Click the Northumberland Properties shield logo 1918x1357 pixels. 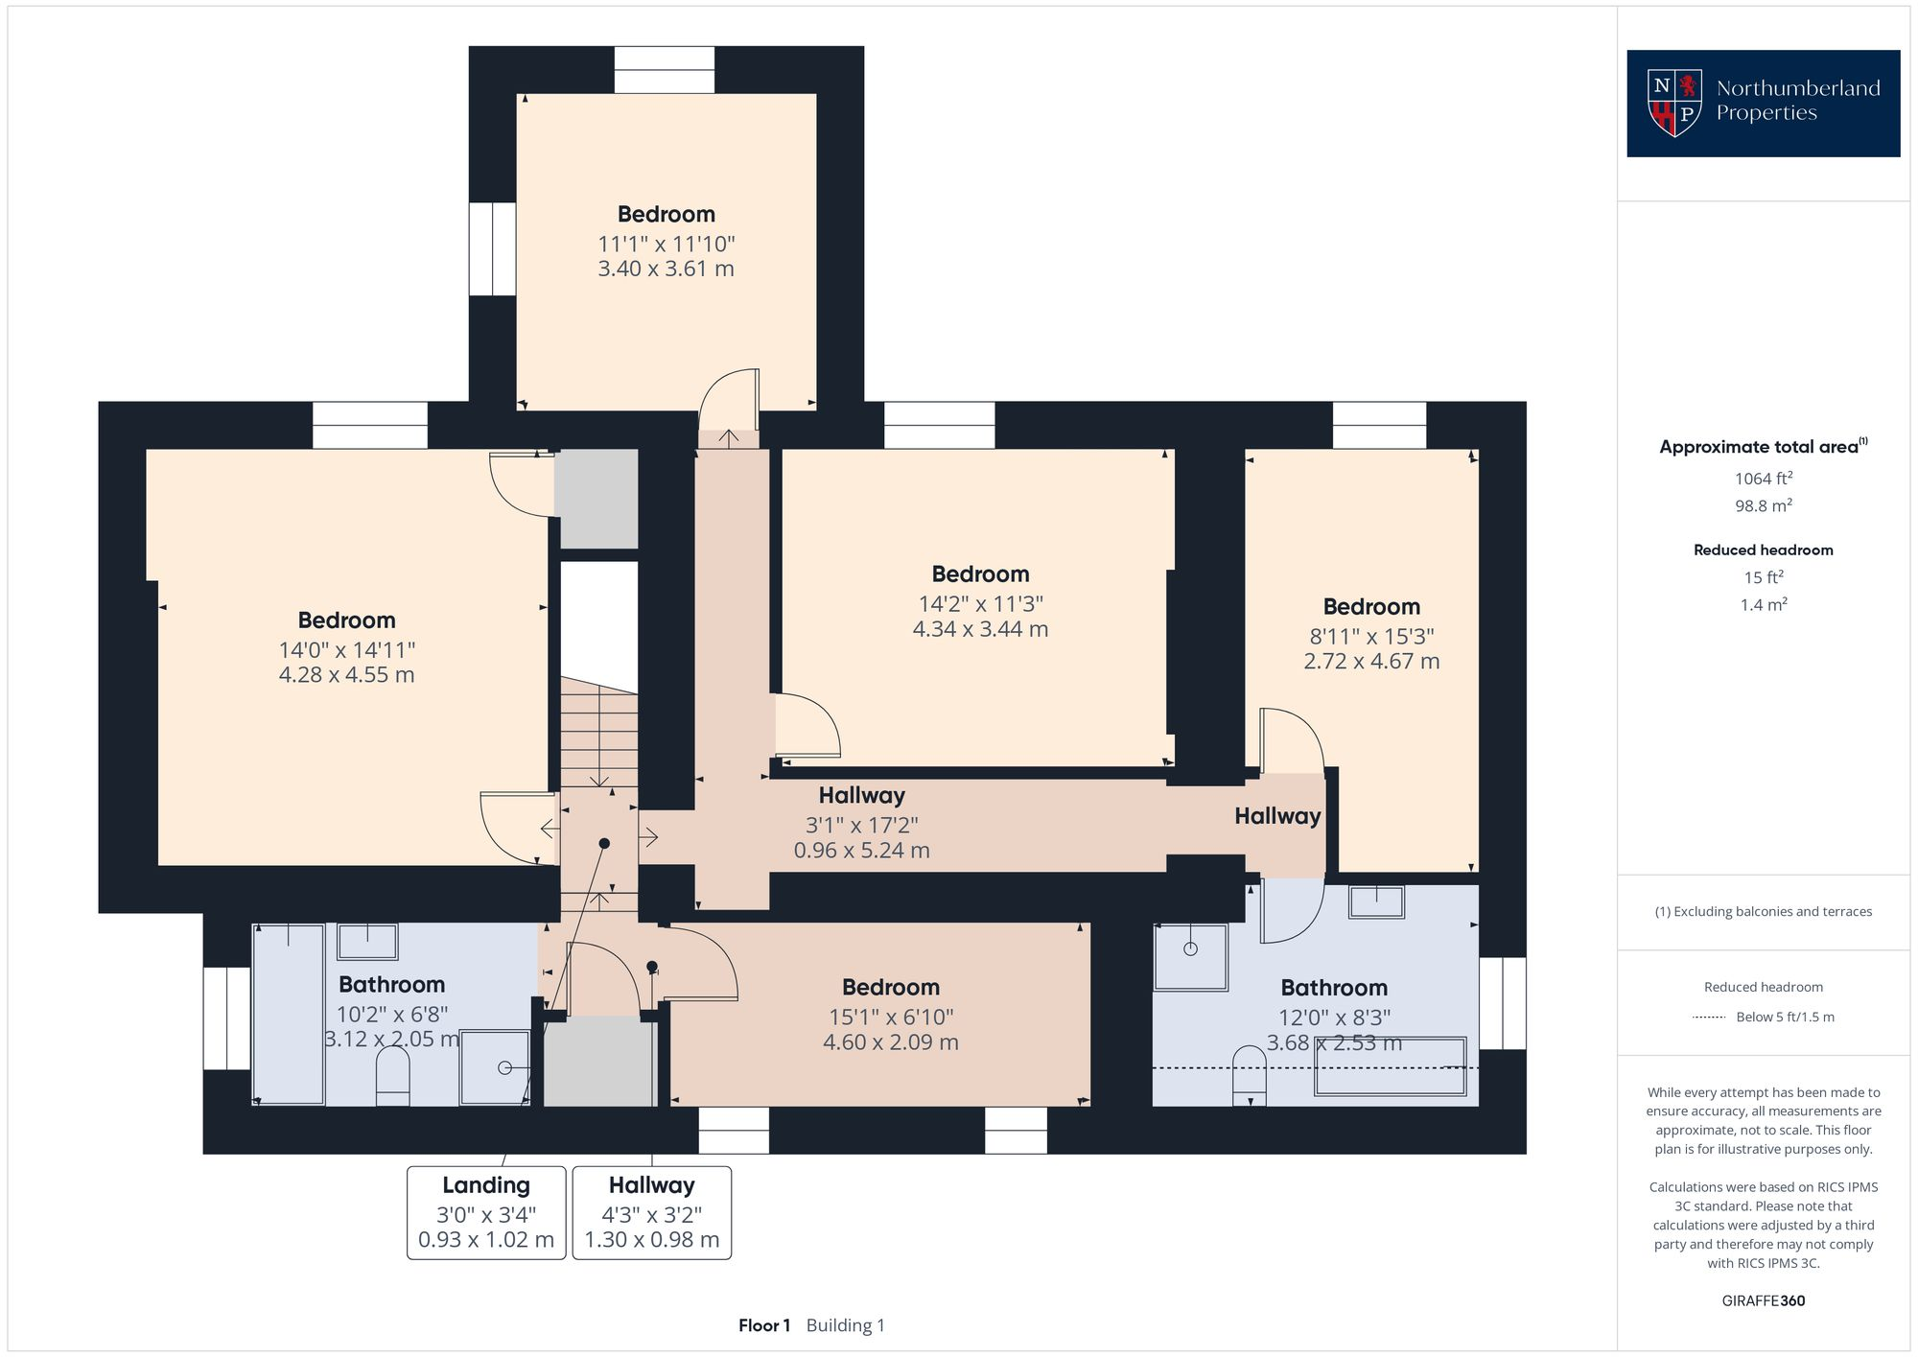click(x=1673, y=102)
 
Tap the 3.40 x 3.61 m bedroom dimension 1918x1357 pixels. click(x=666, y=269)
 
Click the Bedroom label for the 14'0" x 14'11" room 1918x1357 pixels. click(x=346, y=620)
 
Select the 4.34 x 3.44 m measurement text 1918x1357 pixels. click(x=980, y=630)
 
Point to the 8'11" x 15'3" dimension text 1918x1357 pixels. click(x=1371, y=637)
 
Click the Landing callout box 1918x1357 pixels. click(x=486, y=1212)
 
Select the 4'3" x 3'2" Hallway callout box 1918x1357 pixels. click(x=652, y=1212)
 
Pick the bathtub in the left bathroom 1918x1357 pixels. click(x=288, y=1014)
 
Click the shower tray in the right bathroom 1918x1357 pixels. click(x=1191, y=956)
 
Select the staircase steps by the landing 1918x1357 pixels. click(x=599, y=734)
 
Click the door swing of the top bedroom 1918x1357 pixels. click(x=729, y=400)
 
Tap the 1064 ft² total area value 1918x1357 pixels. click(x=1763, y=479)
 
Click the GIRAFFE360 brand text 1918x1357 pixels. click(x=1763, y=1301)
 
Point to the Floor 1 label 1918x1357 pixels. click(x=764, y=1325)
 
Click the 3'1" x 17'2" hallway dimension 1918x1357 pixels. click(x=861, y=825)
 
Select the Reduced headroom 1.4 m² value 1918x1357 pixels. click(x=1763, y=605)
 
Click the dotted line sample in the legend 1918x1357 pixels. click(x=1710, y=1017)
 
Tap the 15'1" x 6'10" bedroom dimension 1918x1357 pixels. click(x=890, y=1017)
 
